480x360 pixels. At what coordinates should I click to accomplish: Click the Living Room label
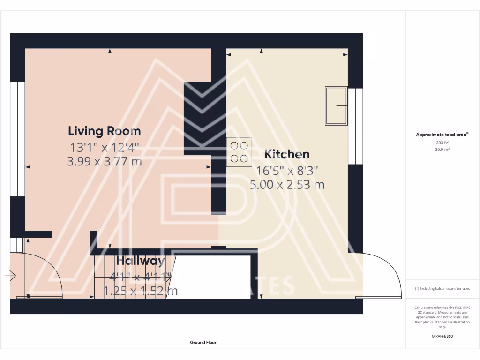coord(105,131)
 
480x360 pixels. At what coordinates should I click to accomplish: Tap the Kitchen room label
coord(287,154)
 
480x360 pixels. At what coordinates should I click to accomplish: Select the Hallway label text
coord(141,261)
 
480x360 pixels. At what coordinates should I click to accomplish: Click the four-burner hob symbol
coord(239,152)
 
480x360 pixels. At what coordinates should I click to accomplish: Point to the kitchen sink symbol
coord(337,106)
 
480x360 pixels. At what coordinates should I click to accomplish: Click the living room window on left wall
coord(17,139)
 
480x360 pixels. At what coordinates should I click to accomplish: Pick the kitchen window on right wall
coord(355,126)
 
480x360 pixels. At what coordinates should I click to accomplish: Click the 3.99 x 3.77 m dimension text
coord(105,162)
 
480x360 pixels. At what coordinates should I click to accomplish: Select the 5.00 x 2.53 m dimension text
coord(287,185)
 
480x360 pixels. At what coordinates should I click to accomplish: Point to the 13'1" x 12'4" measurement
coord(105,148)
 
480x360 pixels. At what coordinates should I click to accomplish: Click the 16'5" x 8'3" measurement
coord(287,170)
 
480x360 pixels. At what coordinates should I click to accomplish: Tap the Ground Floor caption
coord(203,343)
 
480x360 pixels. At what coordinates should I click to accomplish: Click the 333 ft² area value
coord(442,142)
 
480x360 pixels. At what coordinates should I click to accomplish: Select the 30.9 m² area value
coord(442,149)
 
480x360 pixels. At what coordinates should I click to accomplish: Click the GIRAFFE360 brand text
coord(442,336)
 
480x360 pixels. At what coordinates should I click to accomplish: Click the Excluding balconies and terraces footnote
coord(442,289)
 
